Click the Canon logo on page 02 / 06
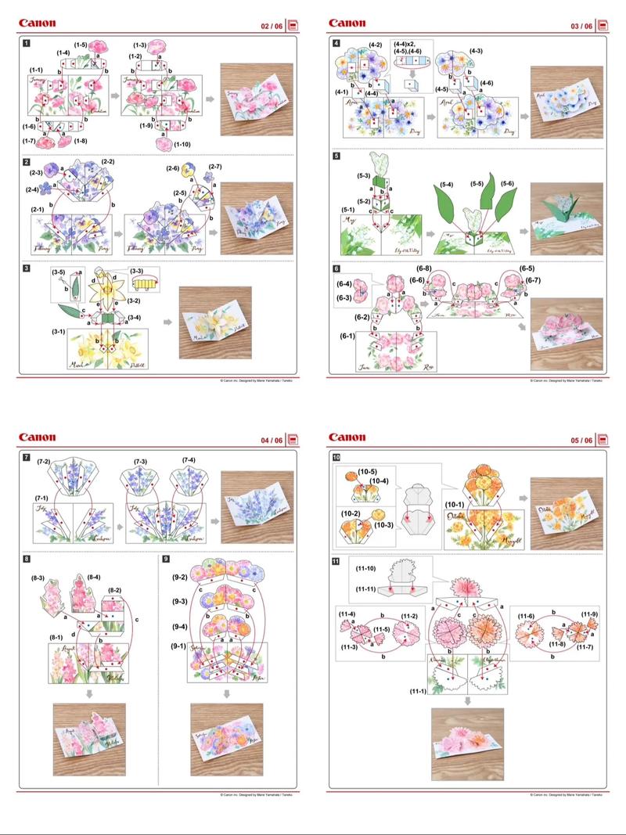pos(38,23)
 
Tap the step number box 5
pos(336,156)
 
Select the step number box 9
pos(165,558)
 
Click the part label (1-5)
pos(81,44)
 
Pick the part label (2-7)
pos(214,167)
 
